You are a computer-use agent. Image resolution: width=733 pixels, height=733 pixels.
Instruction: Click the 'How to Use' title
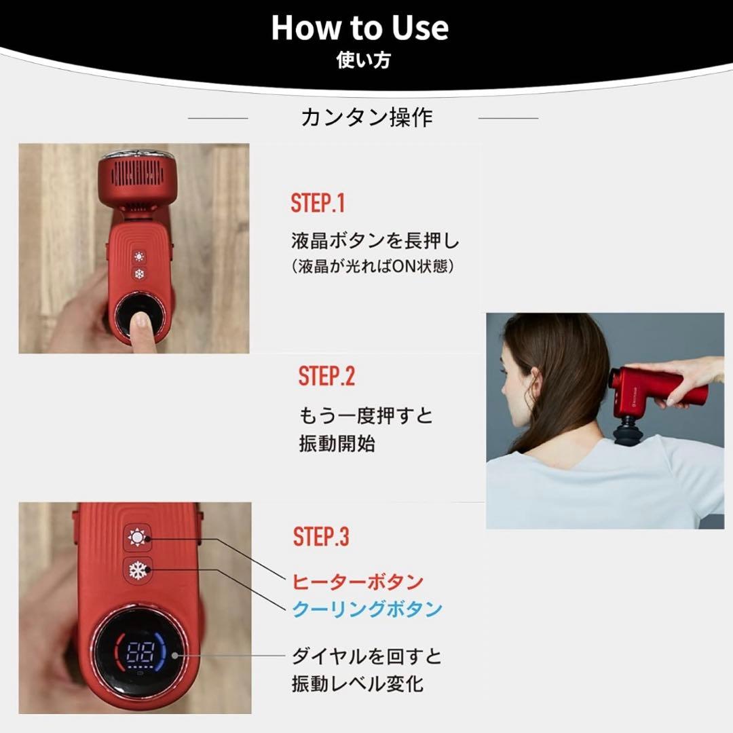360,27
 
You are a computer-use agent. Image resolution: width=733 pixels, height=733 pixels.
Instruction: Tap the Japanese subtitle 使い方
363,60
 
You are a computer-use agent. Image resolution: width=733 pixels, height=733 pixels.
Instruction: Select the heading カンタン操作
366,117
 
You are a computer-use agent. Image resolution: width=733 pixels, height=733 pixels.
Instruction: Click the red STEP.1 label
318,203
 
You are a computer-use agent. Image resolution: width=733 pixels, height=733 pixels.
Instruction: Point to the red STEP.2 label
326,376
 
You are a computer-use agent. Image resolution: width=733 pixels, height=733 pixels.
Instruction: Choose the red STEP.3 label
320,536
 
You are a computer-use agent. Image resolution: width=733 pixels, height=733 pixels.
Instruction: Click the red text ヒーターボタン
358,582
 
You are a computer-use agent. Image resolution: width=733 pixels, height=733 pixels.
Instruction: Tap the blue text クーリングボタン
367,609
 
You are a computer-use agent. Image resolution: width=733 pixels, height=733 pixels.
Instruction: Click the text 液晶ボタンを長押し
375,241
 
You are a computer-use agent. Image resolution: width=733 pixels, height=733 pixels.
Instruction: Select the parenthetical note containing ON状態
373,267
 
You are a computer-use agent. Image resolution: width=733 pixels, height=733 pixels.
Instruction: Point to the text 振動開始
337,443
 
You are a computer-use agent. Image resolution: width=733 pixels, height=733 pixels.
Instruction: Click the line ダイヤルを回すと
366,656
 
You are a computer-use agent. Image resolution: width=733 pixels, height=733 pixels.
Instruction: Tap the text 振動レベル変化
358,684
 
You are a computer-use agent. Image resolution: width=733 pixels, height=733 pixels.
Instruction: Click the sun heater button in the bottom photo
137,538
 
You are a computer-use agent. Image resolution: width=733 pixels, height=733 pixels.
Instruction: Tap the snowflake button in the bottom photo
138,570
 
